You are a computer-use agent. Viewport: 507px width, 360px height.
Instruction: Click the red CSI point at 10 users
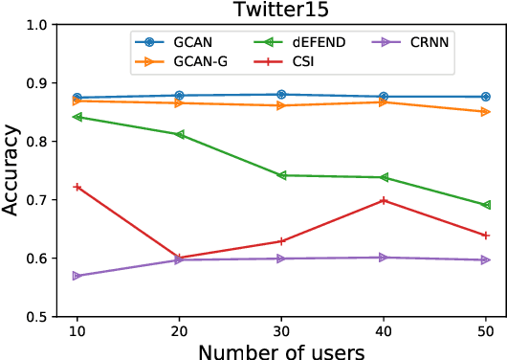[77, 187]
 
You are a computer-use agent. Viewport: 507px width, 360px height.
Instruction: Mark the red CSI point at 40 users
[384, 200]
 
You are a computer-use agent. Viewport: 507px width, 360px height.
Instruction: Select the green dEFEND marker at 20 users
[179, 134]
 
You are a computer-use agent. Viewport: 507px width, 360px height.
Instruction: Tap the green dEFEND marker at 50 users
[485, 205]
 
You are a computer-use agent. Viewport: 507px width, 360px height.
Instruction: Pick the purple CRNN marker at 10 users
[77, 276]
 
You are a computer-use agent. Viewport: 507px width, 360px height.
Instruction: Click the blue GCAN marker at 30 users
[281, 95]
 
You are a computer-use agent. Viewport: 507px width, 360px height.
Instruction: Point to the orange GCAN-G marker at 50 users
[485, 112]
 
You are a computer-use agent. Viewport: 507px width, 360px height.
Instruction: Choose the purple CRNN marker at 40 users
[384, 258]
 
